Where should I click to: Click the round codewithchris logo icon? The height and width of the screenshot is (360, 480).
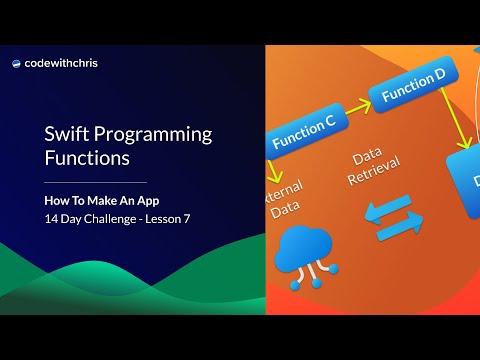(17, 63)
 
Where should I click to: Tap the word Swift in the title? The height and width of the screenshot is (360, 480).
(66, 133)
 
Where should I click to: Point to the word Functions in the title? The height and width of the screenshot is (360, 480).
(86, 158)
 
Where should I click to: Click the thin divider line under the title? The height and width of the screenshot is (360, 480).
(96, 183)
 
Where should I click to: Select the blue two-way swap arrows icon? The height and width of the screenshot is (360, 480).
(392, 221)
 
